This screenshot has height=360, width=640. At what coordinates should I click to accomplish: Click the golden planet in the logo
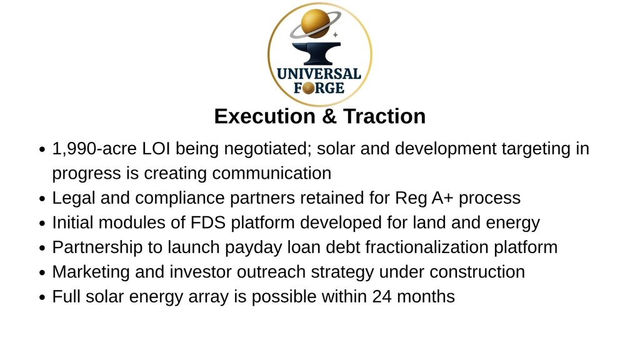tap(315, 24)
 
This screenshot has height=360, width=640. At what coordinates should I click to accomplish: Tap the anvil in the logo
tap(316, 53)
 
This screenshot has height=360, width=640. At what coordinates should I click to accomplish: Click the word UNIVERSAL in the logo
tap(319, 74)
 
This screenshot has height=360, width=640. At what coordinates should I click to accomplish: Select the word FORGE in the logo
tap(319, 87)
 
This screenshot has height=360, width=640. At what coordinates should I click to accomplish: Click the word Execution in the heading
tap(265, 116)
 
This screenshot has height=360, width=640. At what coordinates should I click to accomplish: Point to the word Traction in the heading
tap(384, 116)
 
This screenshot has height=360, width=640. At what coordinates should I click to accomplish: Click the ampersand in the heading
tap(329, 116)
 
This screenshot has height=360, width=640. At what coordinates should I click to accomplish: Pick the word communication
tap(271, 173)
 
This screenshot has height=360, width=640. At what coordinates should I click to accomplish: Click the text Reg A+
tap(424, 198)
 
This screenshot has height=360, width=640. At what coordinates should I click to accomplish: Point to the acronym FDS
tap(207, 223)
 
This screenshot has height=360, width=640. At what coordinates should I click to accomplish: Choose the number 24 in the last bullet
tap(382, 297)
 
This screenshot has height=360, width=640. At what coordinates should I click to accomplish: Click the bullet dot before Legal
tap(42, 199)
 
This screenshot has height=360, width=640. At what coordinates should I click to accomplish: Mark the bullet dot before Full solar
tap(42, 297)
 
